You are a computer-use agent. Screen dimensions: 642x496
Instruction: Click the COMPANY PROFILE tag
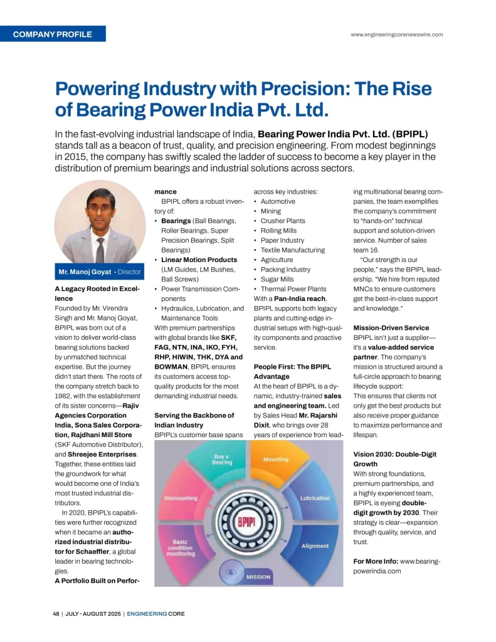point(53,34)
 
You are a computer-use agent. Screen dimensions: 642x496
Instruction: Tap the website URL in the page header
point(397,34)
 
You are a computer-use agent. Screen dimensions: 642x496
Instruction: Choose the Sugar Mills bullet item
point(277,279)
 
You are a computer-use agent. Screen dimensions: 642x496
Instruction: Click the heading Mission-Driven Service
point(391,328)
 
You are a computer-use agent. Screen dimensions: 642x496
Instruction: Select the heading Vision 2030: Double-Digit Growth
point(394,459)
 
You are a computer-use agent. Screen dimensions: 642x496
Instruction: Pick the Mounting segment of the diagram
point(276,460)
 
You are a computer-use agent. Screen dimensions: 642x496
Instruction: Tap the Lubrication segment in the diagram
point(315,498)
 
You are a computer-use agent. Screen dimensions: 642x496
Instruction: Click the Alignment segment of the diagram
point(315,545)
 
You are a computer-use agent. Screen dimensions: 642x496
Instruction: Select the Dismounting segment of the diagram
point(181,498)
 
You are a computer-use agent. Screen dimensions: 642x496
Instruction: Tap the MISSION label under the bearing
point(258,576)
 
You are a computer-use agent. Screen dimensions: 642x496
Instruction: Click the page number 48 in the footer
point(56,614)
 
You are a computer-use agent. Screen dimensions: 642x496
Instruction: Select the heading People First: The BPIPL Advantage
point(292,371)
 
